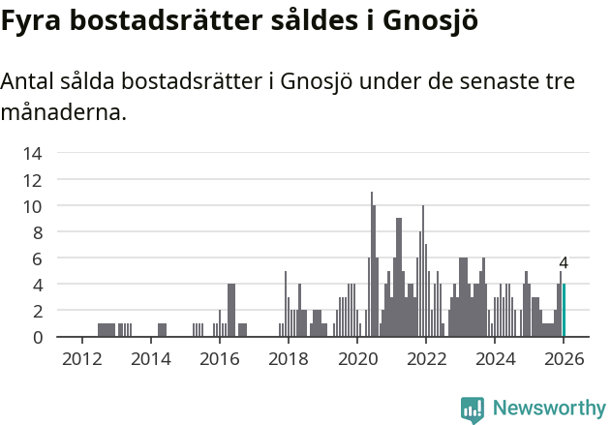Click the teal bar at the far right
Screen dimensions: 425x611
(x=564, y=311)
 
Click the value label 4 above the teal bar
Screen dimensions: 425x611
(x=564, y=263)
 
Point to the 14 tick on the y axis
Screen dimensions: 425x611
(x=32, y=153)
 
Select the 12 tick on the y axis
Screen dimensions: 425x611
(x=32, y=179)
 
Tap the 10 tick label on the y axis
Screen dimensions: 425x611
(x=32, y=205)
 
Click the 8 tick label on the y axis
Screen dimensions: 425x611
(x=37, y=232)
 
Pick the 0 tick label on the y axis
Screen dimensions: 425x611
(x=37, y=337)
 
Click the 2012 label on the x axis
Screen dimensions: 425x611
(x=81, y=359)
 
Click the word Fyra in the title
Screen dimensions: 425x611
(x=31, y=20)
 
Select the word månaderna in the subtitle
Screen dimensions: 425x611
(x=63, y=112)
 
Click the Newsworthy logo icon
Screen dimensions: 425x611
(x=472, y=409)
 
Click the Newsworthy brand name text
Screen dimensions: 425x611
(x=548, y=409)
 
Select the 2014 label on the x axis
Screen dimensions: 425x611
(x=150, y=359)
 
